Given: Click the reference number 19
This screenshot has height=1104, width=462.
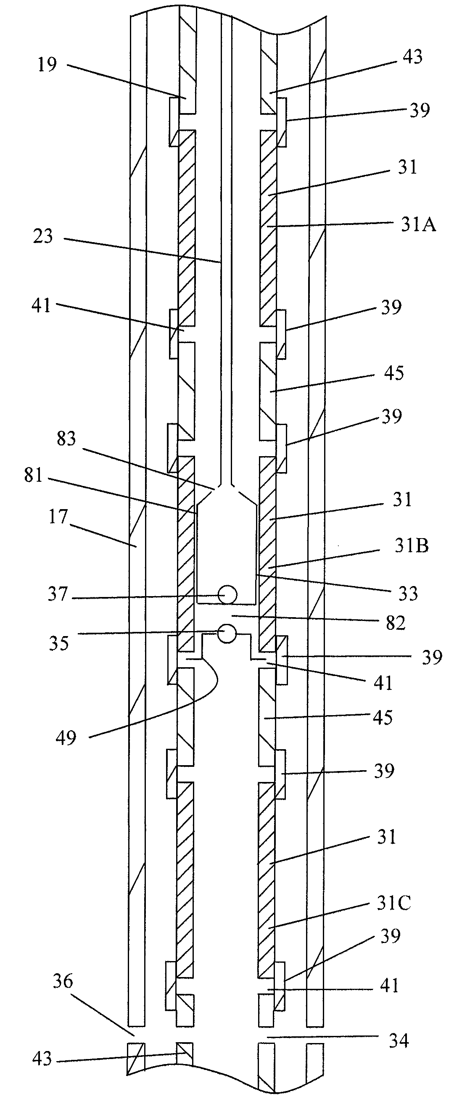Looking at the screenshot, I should tap(47, 65).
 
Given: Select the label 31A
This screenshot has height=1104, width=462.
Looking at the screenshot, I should tap(418, 224).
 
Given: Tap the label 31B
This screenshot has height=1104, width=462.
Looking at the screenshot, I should tap(412, 546).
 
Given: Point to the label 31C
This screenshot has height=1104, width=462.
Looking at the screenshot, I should tap(393, 903).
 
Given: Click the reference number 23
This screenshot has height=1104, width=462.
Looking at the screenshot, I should tap(43, 237).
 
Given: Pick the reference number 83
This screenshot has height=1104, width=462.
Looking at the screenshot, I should tap(66, 439).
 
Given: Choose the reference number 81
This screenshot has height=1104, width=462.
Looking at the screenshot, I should tap(34, 475).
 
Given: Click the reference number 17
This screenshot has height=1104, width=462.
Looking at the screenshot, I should tap(58, 517).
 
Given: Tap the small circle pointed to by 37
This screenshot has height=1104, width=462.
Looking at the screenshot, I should tap(227, 594).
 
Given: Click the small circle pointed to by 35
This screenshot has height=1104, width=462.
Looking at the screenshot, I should tap(227, 634).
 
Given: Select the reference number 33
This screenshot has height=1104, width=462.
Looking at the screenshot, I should tap(408, 594).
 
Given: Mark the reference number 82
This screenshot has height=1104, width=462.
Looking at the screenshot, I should tap(395, 623).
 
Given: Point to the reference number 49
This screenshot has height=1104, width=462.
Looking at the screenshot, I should tap(66, 737).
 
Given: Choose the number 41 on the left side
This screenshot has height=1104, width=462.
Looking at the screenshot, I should tap(42, 306).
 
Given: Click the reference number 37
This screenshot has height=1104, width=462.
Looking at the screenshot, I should tap(58, 594).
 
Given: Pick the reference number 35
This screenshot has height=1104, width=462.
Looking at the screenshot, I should tap(58, 644).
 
